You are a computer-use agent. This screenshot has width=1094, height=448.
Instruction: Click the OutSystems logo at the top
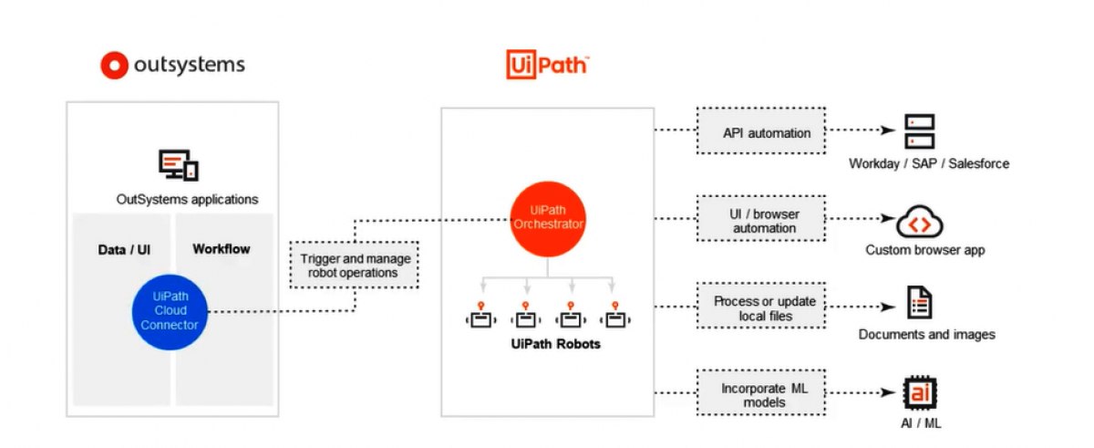tap(172, 65)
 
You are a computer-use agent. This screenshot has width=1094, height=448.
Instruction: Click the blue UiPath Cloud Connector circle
tap(170, 311)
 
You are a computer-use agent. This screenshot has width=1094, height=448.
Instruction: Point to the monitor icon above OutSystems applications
tap(178, 165)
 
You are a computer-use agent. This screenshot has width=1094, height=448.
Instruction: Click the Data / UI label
tap(124, 249)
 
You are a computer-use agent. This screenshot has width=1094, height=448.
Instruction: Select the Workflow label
tap(221, 249)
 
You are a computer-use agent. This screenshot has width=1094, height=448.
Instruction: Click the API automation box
tap(760, 133)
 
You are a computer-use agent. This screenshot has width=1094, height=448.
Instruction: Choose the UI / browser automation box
tap(760, 220)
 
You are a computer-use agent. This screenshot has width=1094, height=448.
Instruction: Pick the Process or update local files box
tap(760, 308)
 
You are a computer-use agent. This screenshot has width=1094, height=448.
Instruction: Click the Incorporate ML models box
tap(760, 394)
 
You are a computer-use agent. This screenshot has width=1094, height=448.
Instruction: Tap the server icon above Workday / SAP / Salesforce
tap(919, 132)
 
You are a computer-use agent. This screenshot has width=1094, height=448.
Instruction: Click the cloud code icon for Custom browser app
tap(919, 222)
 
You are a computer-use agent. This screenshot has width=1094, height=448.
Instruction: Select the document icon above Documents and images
tap(919, 303)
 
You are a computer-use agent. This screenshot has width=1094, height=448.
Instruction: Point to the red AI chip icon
tap(919, 393)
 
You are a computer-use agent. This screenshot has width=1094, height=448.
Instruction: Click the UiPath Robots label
tap(549, 346)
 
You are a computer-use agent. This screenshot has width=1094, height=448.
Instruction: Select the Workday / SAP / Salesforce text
tap(929, 164)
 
